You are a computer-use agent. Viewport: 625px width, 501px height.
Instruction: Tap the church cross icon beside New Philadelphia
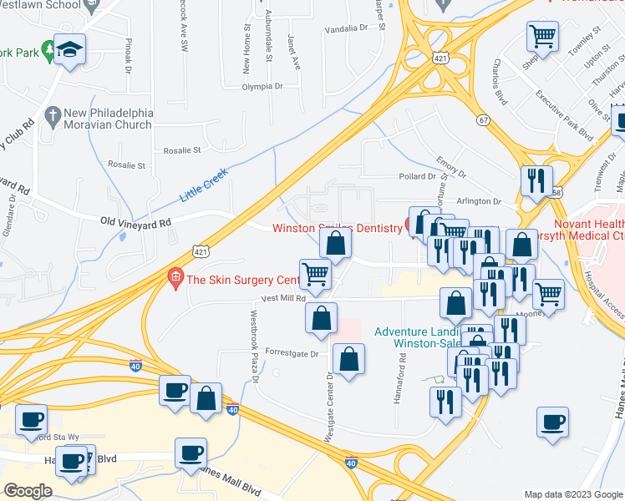coord(52,113)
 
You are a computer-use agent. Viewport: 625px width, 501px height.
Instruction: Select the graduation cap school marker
coord(69,49)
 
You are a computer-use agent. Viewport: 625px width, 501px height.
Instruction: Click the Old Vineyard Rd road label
coord(135,222)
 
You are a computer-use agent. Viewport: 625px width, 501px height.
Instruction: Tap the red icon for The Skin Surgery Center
coord(175,276)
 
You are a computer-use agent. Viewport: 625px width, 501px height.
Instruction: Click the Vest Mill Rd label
coord(284,298)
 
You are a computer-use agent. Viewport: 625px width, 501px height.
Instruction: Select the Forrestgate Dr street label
coord(292,353)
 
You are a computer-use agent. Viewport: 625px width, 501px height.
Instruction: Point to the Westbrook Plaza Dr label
coord(255,351)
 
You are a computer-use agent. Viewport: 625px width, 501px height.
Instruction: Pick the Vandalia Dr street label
coord(346,28)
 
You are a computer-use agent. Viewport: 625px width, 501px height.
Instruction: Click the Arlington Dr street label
coord(478,201)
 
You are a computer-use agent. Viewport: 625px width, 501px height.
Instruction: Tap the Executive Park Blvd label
coord(564,115)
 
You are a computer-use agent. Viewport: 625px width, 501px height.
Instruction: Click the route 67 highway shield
coord(483,120)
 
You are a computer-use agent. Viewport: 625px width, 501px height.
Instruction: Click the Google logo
coord(28,491)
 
